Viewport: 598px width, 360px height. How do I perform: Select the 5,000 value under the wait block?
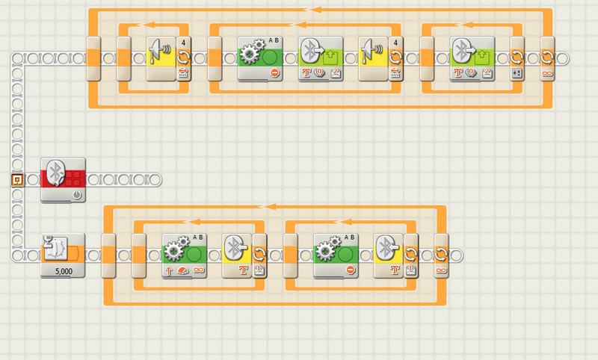pyautogui.click(x=63, y=271)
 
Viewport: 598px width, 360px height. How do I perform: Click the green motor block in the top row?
pyautogui.click(x=259, y=56)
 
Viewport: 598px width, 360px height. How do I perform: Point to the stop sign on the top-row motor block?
pyautogui.click(x=275, y=73)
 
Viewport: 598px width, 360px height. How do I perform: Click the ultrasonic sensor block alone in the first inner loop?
pyautogui.click(x=160, y=56)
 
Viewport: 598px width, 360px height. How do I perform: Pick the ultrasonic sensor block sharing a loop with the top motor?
pyautogui.click(x=372, y=56)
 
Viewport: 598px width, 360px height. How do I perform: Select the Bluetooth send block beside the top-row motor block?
pyautogui.click(x=321, y=56)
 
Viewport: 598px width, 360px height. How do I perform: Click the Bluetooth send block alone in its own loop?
pyautogui.click(x=472, y=56)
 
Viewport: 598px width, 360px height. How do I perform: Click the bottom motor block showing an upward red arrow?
pyautogui.click(x=183, y=255)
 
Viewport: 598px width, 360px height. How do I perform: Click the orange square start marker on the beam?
pyautogui.click(x=17, y=179)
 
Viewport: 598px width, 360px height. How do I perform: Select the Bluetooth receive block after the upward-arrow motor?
pyautogui.click(x=238, y=254)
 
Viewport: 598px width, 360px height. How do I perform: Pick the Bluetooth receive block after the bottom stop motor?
pyautogui.click(x=389, y=254)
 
